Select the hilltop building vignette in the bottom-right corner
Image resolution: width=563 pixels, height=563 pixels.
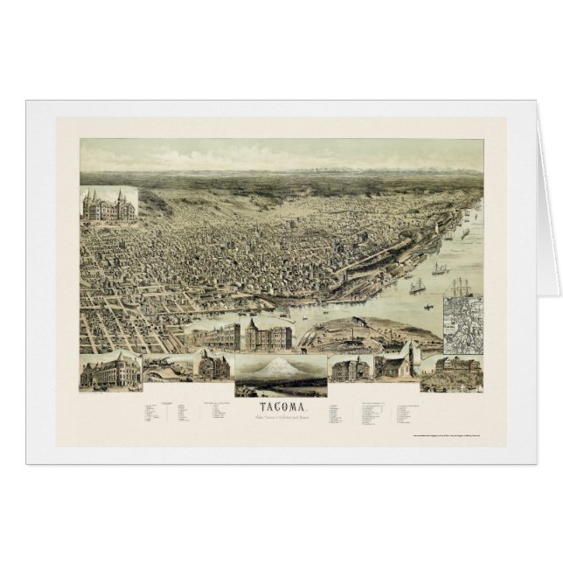[452, 371]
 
